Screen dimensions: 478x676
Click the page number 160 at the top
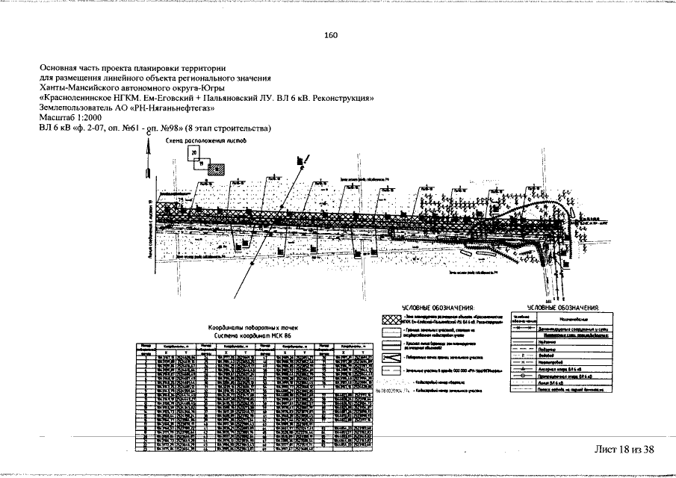[x=331, y=36]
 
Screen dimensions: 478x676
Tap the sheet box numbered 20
[x=194, y=152]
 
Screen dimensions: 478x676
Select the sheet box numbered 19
[x=201, y=161]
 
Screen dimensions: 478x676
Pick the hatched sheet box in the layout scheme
[x=214, y=168]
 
